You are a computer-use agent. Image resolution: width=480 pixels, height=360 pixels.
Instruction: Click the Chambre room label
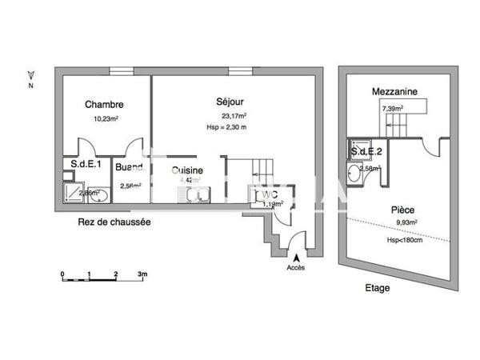tap(104, 105)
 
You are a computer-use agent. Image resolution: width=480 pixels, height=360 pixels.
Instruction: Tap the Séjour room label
tap(230, 102)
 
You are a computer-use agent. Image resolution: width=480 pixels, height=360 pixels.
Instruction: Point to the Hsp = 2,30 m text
tap(226, 127)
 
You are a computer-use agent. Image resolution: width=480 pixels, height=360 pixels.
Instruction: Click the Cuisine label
tap(186, 170)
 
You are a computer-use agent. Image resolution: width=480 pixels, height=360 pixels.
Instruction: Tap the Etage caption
tap(377, 287)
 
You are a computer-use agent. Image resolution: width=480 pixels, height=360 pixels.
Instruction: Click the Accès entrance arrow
tap(297, 258)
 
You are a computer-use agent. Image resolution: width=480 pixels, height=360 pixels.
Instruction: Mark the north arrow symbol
tap(30, 73)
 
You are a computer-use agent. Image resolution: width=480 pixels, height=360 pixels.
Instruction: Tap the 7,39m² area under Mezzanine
tap(392, 108)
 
